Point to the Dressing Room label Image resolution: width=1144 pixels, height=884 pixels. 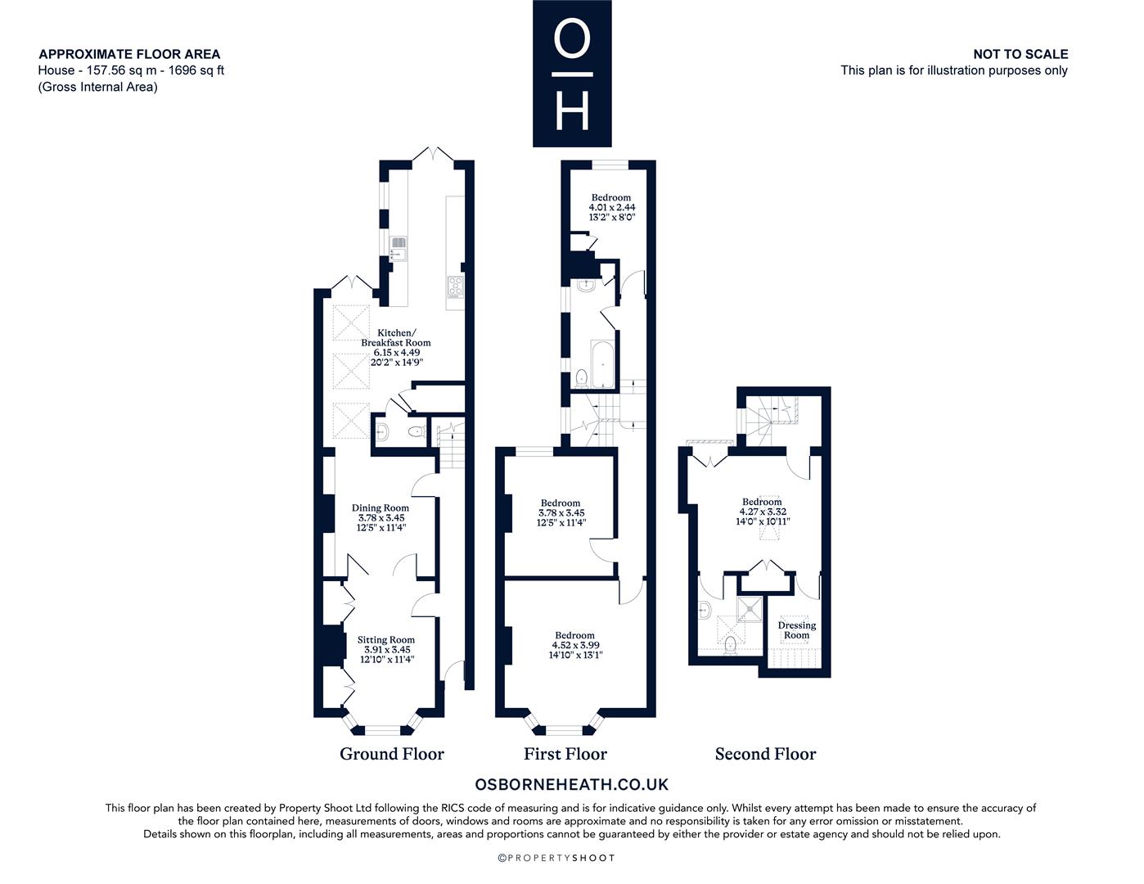[x=796, y=630]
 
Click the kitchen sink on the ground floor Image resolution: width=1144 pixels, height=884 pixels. [x=398, y=249]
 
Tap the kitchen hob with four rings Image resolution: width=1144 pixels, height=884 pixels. [x=455, y=287]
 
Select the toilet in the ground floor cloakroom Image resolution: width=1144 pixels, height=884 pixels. [x=417, y=432]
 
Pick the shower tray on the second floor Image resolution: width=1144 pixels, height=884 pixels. [x=750, y=609]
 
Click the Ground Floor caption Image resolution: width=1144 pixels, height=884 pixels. [x=392, y=754]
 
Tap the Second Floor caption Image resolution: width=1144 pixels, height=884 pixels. [x=765, y=754]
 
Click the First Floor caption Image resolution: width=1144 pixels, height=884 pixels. [x=565, y=754]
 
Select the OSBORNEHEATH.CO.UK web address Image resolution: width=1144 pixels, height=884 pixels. [x=572, y=784]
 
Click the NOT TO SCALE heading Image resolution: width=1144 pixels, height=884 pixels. [x=1020, y=54]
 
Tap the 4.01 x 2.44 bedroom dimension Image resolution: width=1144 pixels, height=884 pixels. [x=612, y=207]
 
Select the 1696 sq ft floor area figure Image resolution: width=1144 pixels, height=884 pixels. [x=196, y=70]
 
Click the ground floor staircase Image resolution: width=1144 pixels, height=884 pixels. [x=452, y=445]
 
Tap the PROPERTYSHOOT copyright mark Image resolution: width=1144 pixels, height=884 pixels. [x=556, y=858]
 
